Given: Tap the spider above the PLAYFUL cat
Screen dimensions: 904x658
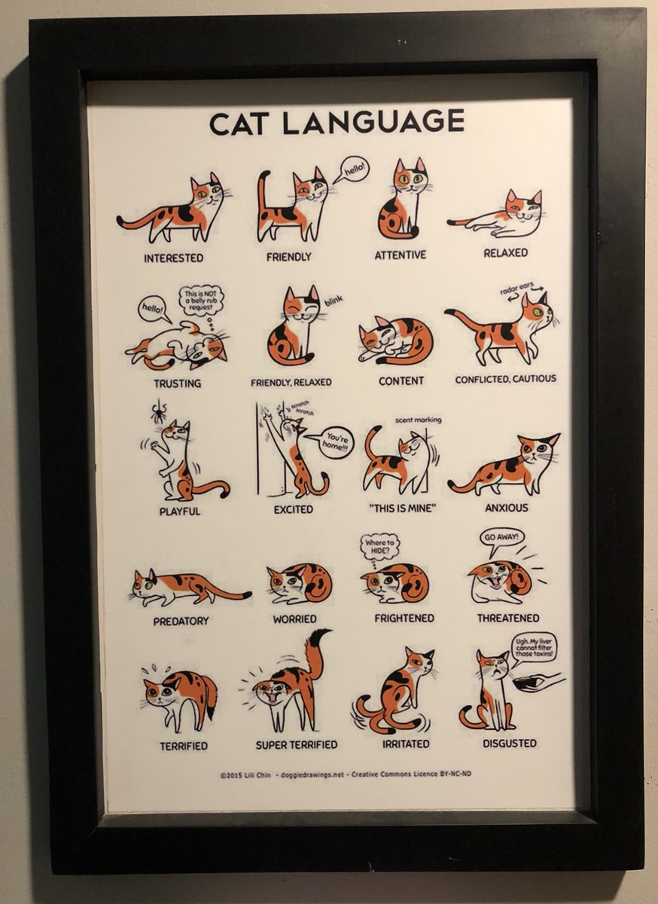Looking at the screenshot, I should point(158,411).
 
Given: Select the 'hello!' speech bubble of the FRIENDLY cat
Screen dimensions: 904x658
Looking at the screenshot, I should point(351,170).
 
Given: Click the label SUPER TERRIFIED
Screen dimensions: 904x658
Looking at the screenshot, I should point(296,745).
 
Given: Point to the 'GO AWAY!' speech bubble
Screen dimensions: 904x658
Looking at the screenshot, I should point(501,538).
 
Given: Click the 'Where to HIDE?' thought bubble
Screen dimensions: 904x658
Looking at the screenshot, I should point(380,546).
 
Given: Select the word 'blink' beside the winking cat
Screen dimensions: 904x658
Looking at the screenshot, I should point(334,301).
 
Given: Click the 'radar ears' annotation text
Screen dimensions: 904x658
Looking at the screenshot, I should point(517,288).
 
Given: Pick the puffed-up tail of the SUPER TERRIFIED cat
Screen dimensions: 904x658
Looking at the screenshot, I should point(316,652).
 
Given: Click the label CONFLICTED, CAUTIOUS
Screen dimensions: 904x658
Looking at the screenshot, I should point(505,379).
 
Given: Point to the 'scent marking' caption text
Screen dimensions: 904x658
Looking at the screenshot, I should point(418,420).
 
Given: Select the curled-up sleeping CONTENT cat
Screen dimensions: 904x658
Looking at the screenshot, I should point(397,340).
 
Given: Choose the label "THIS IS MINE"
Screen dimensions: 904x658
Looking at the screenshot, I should point(402,508).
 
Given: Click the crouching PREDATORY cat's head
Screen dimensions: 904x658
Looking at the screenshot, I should point(145,585).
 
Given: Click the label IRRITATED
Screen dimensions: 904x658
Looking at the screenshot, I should point(405,744).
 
